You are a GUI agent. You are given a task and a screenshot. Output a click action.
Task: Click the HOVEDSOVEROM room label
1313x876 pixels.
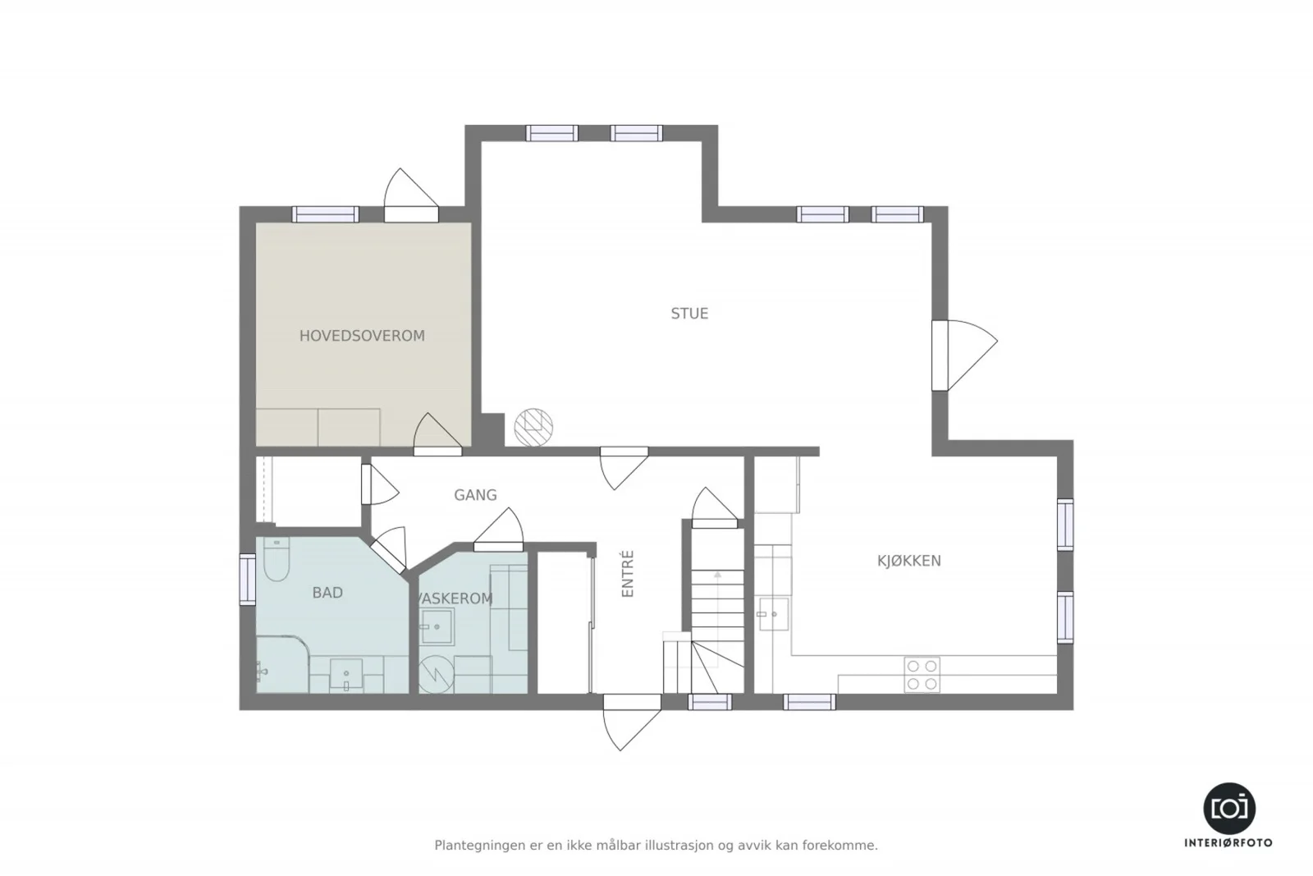point(362,336)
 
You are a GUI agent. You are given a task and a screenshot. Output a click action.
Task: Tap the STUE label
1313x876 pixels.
point(689,314)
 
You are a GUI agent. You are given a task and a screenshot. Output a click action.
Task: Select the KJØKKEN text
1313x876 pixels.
point(908,561)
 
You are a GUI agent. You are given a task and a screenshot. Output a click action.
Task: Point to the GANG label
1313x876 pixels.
point(475,495)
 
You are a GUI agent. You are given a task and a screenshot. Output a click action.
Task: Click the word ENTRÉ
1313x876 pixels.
point(628,573)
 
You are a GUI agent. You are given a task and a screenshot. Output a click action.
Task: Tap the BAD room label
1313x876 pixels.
point(327,593)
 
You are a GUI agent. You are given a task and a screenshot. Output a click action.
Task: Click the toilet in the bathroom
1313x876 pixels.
point(277,559)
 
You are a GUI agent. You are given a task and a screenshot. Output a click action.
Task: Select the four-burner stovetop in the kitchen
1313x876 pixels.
point(922,674)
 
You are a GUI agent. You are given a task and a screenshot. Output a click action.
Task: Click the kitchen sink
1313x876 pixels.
point(774,614)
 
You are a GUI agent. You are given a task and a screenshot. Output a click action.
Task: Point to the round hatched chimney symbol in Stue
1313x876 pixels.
point(533,428)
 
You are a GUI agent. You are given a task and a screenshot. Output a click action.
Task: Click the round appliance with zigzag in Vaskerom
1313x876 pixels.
point(437,674)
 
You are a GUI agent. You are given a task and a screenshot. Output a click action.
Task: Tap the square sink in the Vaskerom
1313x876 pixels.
point(437,626)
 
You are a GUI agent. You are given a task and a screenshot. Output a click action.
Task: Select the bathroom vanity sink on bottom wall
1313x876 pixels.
point(345,674)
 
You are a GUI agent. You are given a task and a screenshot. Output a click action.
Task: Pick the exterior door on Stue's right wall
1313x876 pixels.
point(964,355)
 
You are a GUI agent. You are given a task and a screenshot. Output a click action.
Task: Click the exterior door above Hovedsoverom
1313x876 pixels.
point(411,196)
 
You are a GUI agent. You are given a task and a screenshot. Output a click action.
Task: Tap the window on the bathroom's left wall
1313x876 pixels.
point(247,579)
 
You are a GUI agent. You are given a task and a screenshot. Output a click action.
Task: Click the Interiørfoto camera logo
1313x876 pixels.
point(1229,809)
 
